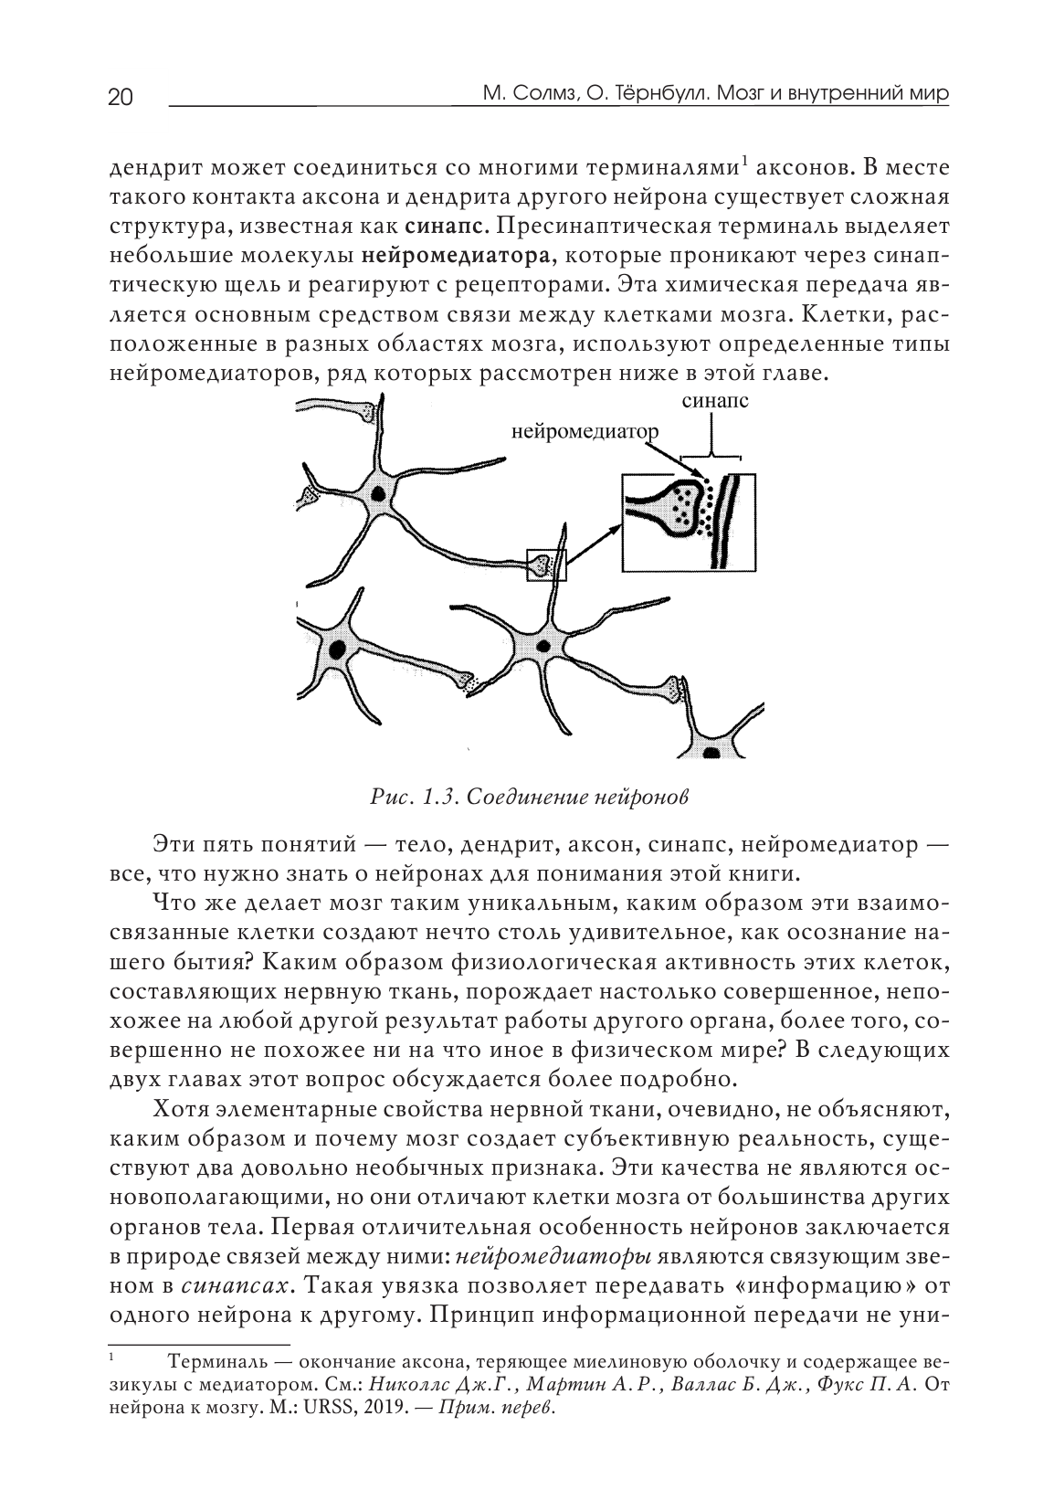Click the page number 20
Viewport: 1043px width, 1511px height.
[121, 98]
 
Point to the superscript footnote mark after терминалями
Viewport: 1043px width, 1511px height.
[744, 164]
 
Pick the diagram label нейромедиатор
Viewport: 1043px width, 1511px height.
[583, 431]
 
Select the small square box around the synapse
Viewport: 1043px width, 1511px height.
[546, 565]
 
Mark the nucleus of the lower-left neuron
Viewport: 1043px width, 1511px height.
[339, 650]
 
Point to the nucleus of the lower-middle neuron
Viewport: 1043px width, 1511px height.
[545, 645]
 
